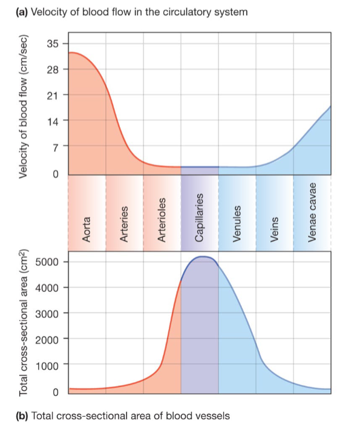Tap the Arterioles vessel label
162,222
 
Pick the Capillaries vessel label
200,219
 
